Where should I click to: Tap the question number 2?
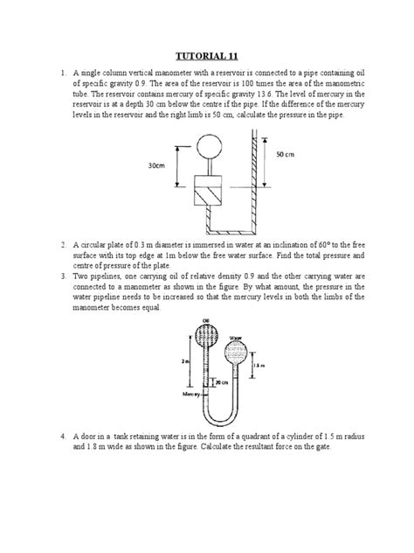(64, 248)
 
